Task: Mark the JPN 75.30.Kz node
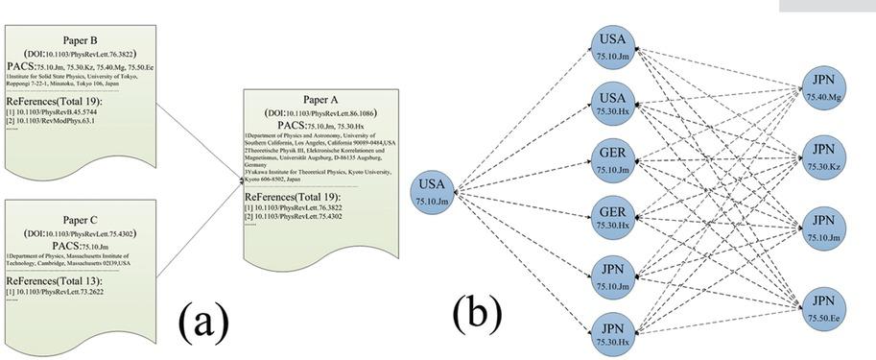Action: pos(821,156)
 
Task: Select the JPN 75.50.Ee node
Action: pos(821,303)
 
